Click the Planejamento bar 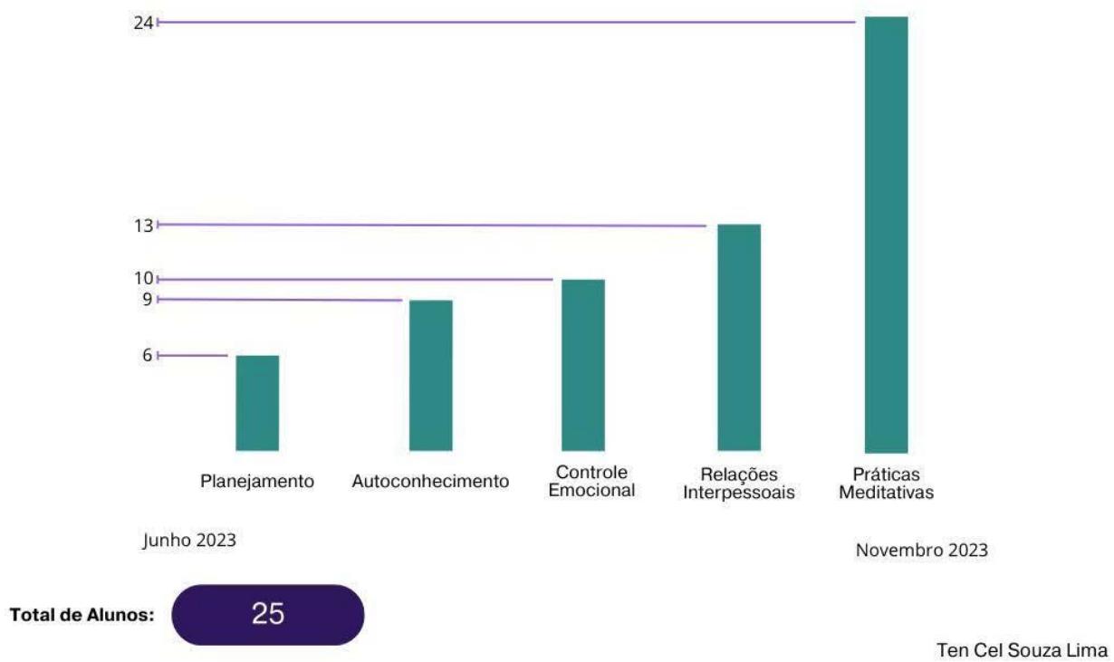pos(257,403)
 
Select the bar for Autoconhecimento pos(431,375)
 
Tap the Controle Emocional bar pos(583,365)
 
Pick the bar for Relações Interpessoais pos(739,337)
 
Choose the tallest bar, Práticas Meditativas pos(886,235)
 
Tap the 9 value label pos(147,300)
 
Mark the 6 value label pos(147,356)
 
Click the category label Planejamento pos(257,482)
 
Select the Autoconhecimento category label pos(430,482)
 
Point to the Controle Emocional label pos(591,482)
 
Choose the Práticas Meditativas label pos(886,485)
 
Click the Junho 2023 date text pos(190,541)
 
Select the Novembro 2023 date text pos(921,551)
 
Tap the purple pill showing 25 pos(268,615)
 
